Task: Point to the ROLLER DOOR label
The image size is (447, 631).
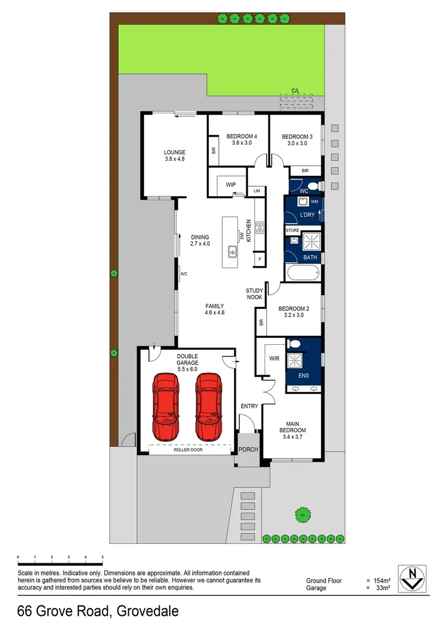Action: pyautogui.click(x=188, y=450)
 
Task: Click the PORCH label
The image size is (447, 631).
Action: pyautogui.click(x=248, y=449)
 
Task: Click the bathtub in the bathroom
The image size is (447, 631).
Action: pyautogui.click(x=302, y=272)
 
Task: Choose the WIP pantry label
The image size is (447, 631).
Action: pyautogui.click(x=231, y=185)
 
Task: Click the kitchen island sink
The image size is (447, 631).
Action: pyautogui.click(x=232, y=252)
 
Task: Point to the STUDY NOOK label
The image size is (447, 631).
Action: pyautogui.click(x=254, y=293)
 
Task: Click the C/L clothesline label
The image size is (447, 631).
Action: pyautogui.click(x=297, y=91)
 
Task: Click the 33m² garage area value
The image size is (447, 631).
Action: pyautogui.click(x=383, y=588)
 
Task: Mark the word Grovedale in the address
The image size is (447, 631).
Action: pyautogui.click(x=147, y=612)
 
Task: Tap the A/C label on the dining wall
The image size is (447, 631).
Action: pyautogui.click(x=183, y=273)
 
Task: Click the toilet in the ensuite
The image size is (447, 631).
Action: pyautogui.click(x=295, y=344)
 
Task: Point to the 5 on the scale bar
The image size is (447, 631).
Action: pyautogui.click(x=102, y=557)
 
